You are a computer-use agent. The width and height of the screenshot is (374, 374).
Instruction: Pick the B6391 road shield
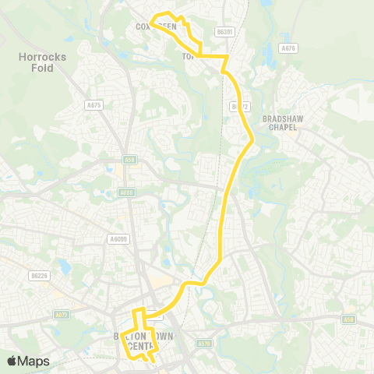(x=224, y=32)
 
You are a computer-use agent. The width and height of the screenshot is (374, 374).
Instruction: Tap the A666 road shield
(x=126, y=192)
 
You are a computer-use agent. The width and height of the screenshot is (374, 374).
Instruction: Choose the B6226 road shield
(x=39, y=275)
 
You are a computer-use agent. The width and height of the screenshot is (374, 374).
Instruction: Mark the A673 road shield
(x=62, y=315)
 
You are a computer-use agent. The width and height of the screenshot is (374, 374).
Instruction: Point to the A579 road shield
(x=204, y=342)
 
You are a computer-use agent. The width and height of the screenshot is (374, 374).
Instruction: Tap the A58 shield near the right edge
(x=348, y=319)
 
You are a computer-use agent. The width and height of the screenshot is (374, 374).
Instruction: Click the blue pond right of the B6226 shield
(x=65, y=267)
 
